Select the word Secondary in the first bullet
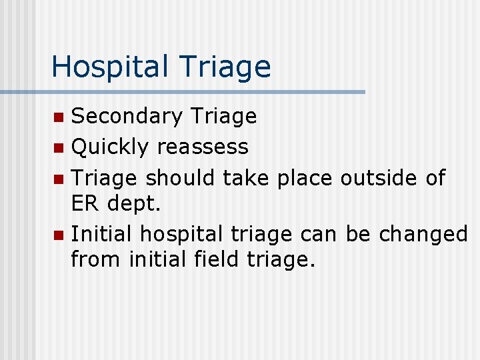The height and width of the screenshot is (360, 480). pyautogui.click(x=126, y=117)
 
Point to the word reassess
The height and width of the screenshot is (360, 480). pyautogui.click(x=203, y=147)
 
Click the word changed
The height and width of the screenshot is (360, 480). pyautogui.click(x=423, y=235)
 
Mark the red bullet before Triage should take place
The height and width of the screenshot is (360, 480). pyautogui.click(x=60, y=178)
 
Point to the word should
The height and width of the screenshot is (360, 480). pyautogui.click(x=180, y=177)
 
